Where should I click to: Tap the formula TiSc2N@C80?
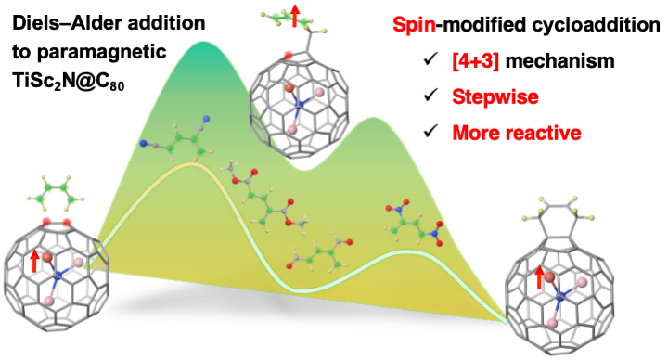coord(68,82)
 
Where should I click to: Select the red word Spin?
coord(415,25)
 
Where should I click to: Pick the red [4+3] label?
coord(475,61)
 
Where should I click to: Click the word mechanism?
coord(560,61)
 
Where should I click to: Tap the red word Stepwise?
coord(495,97)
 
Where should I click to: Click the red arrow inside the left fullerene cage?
coord(34,261)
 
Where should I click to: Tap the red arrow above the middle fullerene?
coord(294,16)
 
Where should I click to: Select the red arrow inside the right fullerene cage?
coord(539,276)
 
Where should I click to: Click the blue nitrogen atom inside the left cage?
coord(58,276)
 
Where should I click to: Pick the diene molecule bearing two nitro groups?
coord(415,223)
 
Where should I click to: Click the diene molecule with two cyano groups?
coord(176,137)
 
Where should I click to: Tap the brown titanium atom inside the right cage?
coord(549,277)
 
